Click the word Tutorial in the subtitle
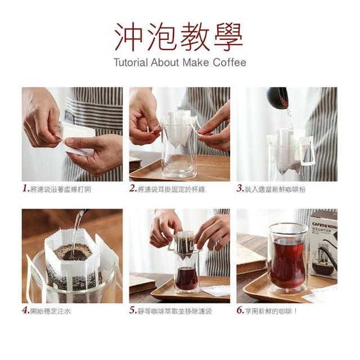130,62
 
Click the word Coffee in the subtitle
229,62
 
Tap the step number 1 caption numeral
26,188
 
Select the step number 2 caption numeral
133,188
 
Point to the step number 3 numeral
240,188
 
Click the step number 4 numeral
26,310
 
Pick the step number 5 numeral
133,310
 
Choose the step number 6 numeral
240,310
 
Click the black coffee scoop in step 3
277,97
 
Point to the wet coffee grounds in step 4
73,252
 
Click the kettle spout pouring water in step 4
82,212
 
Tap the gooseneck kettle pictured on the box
327,253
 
